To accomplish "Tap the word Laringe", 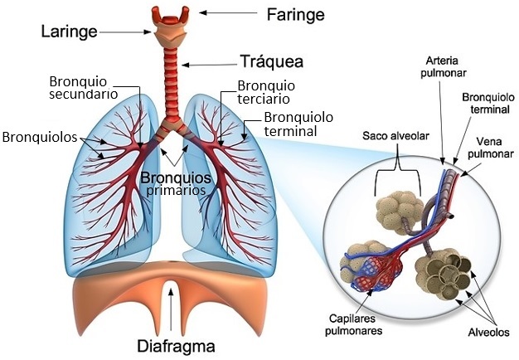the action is [x=69, y=32].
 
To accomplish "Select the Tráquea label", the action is [x=271, y=61].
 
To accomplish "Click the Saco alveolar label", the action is [x=395, y=136].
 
